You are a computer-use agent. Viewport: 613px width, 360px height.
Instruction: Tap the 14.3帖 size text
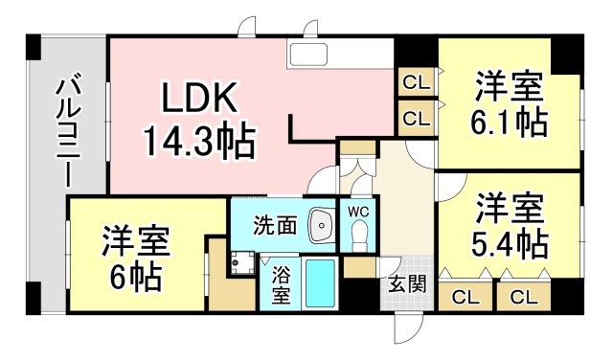(x=199, y=141)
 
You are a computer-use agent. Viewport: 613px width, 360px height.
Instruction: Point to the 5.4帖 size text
(x=510, y=242)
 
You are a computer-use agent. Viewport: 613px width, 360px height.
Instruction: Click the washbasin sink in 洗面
(x=321, y=225)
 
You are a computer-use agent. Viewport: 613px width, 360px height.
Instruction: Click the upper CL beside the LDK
(x=415, y=81)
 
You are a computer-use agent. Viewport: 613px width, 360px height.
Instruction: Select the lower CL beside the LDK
(x=415, y=119)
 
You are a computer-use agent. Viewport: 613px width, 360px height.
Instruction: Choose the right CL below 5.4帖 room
(x=523, y=296)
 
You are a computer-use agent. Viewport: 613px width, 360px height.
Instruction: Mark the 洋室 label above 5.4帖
(x=510, y=207)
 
